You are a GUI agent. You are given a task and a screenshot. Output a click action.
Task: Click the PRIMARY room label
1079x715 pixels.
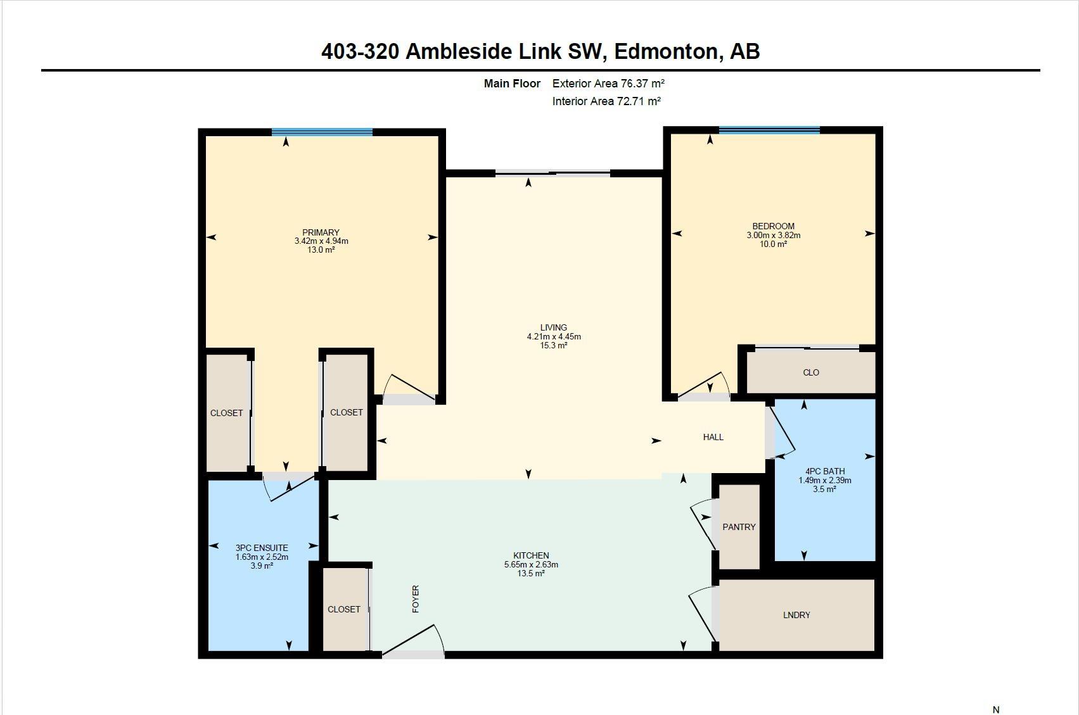[321, 232]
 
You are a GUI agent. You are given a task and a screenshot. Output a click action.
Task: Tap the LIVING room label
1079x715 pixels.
[554, 327]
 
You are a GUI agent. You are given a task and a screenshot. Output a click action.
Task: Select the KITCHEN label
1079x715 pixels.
[531, 555]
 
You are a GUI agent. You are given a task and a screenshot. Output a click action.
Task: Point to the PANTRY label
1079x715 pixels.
[739, 527]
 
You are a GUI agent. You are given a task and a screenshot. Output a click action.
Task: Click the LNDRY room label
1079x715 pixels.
[796, 615]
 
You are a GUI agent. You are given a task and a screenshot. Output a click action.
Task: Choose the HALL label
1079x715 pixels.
[713, 437]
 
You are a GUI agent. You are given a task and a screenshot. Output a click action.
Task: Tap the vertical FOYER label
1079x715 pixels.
[416, 599]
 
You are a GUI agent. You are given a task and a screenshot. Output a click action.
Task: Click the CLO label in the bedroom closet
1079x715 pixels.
[811, 372]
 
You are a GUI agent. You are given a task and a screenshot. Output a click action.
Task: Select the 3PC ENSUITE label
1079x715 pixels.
[262, 548]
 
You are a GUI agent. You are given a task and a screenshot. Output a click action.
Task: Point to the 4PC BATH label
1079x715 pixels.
[825, 471]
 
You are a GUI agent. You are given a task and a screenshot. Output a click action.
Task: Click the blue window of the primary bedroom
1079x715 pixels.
[322, 132]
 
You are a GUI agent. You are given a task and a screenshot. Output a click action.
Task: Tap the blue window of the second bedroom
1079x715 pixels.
[769, 130]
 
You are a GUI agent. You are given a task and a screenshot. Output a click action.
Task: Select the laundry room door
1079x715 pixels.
[702, 614]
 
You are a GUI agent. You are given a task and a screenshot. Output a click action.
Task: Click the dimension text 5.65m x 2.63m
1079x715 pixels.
[531, 564]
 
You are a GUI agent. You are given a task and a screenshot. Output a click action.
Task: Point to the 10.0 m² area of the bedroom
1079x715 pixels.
[773, 244]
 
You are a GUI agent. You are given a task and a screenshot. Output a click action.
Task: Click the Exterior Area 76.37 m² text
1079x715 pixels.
[608, 84]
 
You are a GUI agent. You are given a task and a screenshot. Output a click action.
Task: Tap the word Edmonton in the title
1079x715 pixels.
[666, 51]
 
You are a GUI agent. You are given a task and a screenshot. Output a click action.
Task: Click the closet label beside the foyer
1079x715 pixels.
[344, 610]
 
